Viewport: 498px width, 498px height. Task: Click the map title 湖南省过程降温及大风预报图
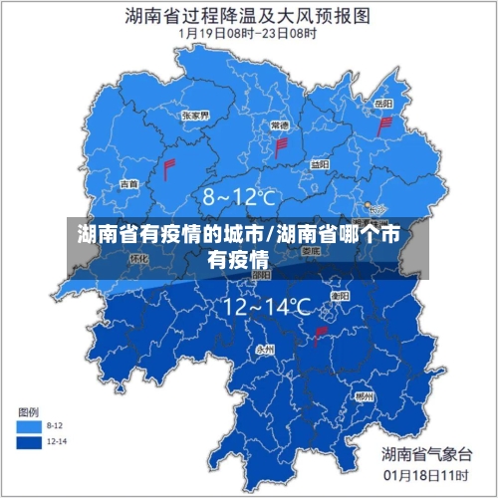point(248,15)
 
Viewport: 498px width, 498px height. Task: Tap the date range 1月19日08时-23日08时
point(248,33)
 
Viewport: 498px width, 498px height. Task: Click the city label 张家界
point(194,116)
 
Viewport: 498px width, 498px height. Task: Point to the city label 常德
point(280,125)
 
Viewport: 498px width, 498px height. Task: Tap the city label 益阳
point(319,164)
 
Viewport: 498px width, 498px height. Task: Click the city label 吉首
point(129,183)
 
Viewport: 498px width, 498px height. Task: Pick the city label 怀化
point(139,259)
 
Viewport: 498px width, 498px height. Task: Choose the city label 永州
point(265,350)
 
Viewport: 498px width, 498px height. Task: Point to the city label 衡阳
point(340,296)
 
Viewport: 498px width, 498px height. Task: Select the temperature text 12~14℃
point(266,307)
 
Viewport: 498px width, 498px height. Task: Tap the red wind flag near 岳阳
point(385,126)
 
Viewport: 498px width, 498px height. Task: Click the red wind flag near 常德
point(281,147)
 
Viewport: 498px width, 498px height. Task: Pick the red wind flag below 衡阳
point(321,336)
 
